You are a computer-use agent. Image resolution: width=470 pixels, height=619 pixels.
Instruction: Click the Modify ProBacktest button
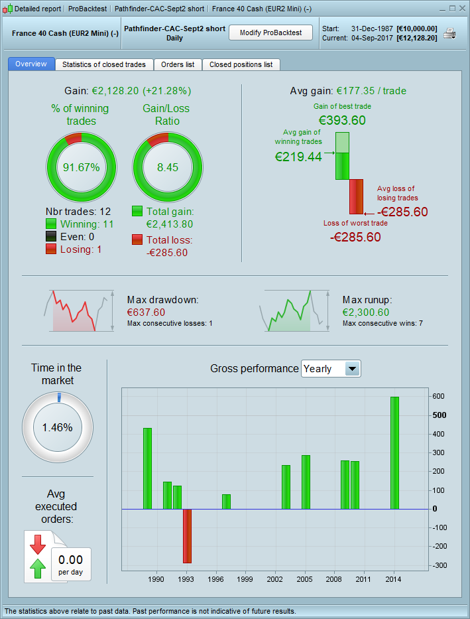(x=270, y=33)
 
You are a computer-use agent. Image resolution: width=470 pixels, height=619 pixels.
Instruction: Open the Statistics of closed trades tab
(x=104, y=64)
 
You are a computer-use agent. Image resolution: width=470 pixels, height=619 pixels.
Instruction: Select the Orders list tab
(x=178, y=64)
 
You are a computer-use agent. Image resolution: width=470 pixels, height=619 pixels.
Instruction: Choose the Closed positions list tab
(x=241, y=64)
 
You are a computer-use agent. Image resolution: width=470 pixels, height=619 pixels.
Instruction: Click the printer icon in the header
(x=450, y=34)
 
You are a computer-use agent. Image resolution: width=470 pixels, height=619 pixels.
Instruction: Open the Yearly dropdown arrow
(x=353, y=369)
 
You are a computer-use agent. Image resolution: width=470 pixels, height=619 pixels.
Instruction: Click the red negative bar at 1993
(x=187, y=536)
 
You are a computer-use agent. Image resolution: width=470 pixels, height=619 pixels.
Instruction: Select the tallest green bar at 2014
(x=394, y=452)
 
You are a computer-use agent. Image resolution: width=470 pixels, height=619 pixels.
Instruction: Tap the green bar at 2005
(x=306, y=482)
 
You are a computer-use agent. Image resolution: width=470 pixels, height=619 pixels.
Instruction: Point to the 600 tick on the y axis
(x=440, y=396)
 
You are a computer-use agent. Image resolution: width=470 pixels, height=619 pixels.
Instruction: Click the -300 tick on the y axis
(x=440, y=566)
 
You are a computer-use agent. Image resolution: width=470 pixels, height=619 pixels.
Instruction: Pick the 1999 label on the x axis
(x=245, y=579)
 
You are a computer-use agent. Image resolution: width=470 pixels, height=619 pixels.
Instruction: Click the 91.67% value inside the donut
(x=81, y=167)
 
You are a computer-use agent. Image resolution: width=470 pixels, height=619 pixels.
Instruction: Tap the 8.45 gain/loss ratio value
(x=168, y=167)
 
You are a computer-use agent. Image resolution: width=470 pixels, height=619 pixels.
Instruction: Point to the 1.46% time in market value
(x=57, y=427)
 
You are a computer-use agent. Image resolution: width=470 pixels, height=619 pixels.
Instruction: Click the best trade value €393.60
(x=342, y=121)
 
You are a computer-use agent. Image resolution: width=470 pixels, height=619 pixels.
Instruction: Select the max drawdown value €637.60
(x=146, y=312)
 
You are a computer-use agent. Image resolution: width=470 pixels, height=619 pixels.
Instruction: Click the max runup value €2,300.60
(x=366, y=312)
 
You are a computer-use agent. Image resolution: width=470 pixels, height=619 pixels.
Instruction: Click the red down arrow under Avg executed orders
(x=38, y=543)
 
